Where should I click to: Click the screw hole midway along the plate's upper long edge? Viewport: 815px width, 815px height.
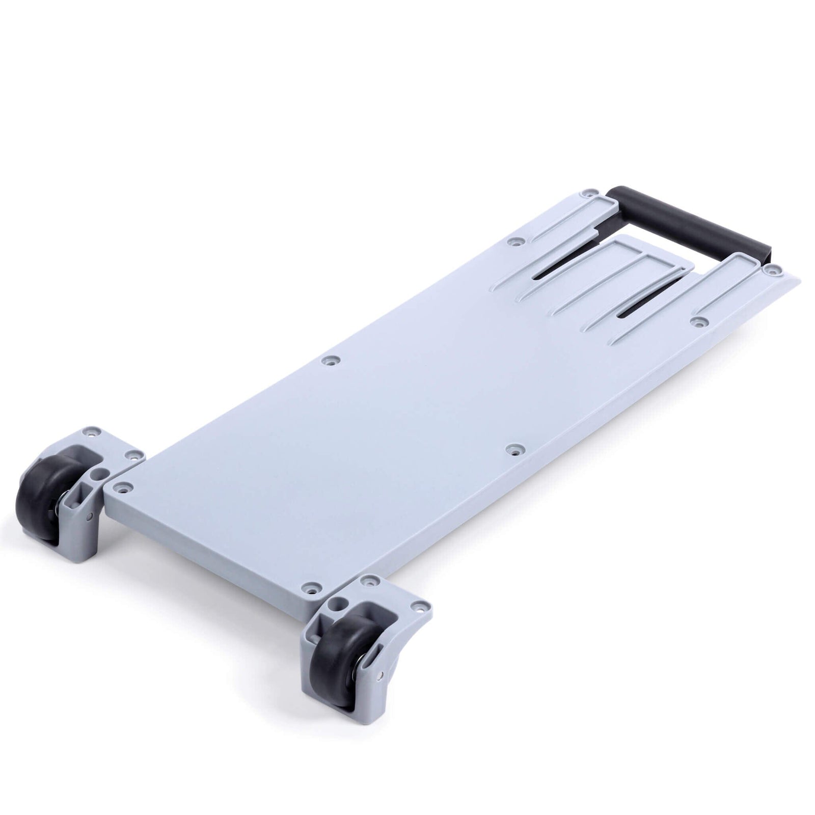click(x=333, y=361)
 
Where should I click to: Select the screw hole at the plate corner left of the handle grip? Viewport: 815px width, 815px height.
click(x=590, y=194)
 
